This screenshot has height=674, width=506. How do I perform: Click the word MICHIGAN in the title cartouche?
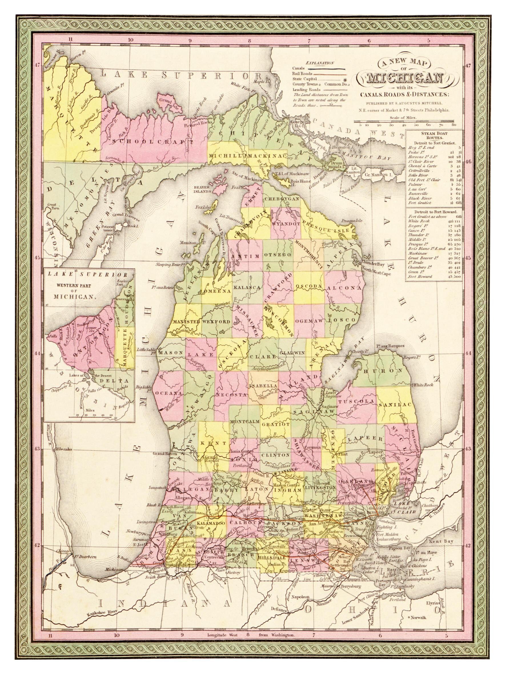tap(404, 78)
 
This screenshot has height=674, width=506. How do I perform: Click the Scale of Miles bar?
tap(404, 121)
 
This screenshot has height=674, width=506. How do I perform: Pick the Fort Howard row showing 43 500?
tap(433, 277)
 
